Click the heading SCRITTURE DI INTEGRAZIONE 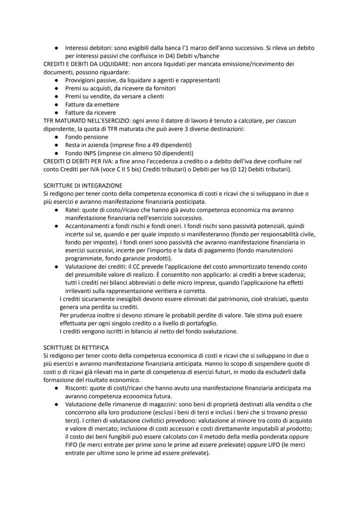[83, 186]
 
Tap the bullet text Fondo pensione [87, 137]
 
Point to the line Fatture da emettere [92, 104]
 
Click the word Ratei [73, 210]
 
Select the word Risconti [77, 388]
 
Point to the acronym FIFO [73, 445]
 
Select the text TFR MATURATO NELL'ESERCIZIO [87, 120]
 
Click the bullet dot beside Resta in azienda [57, 145]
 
